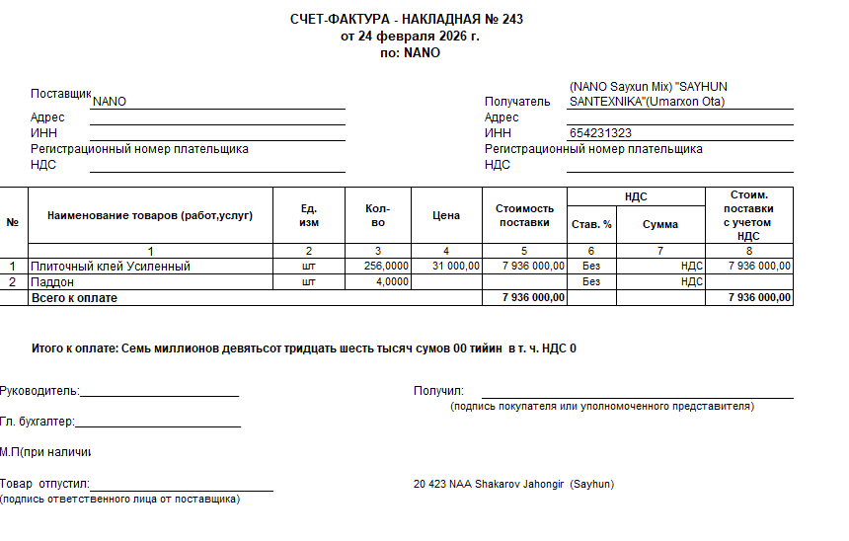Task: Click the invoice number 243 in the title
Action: click(512, 20)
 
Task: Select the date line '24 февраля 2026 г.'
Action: click(410, 37)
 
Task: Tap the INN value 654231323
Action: click(601, 133)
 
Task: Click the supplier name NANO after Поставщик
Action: click(110, 102)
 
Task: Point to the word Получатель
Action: click(517, 102)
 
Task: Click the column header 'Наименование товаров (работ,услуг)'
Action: click(150, 215)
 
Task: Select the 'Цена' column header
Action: click(446, 215)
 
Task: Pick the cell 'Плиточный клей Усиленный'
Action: click(111, 267)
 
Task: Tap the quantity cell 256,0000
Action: click(386, 267)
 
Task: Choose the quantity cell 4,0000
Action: click(392, 282)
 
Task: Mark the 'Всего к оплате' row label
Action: click(74, 298)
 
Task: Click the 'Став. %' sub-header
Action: click(591, 225)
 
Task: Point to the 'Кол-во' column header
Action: click(377, 215)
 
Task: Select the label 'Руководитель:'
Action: click(39, 391)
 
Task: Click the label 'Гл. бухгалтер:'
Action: click(38, 422)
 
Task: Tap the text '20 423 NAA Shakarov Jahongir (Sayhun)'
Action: click(514, 485)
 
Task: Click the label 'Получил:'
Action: click(438, 391)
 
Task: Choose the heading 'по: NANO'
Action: click(410, 53)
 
